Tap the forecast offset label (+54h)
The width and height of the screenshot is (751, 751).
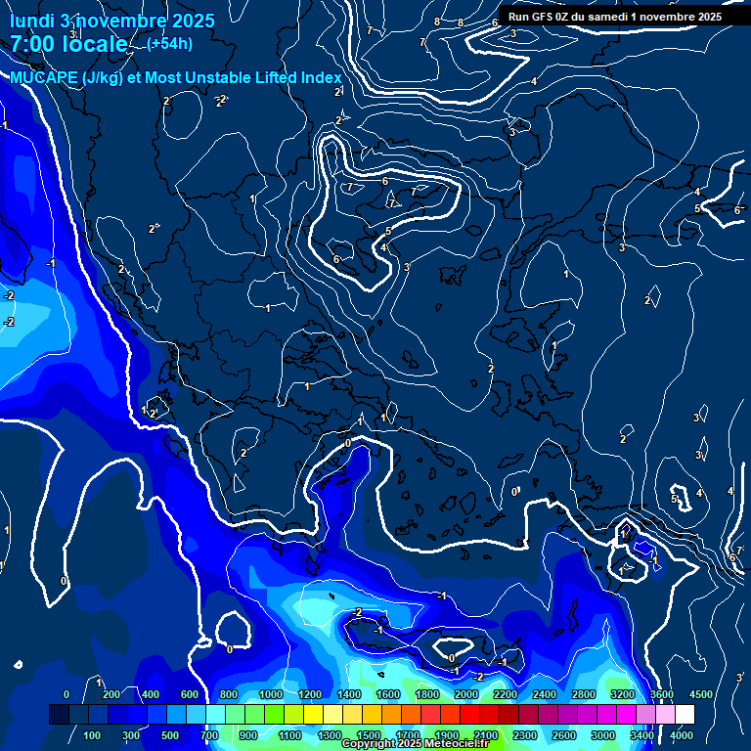point(169,44)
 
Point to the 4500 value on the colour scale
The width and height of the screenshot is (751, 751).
point(700,694)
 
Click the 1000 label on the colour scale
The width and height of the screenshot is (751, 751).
point(270,694)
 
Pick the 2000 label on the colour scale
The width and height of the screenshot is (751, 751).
point(465,694)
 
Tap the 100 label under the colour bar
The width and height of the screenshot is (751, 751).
point(93,735)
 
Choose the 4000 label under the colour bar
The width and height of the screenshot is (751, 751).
point(681,735)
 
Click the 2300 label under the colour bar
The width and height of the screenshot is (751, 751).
point(524,735)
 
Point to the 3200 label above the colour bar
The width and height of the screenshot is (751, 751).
point(622,694)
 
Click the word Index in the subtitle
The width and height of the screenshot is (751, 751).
point(319,78)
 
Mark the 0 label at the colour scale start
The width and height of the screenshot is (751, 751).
point(66,694)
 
